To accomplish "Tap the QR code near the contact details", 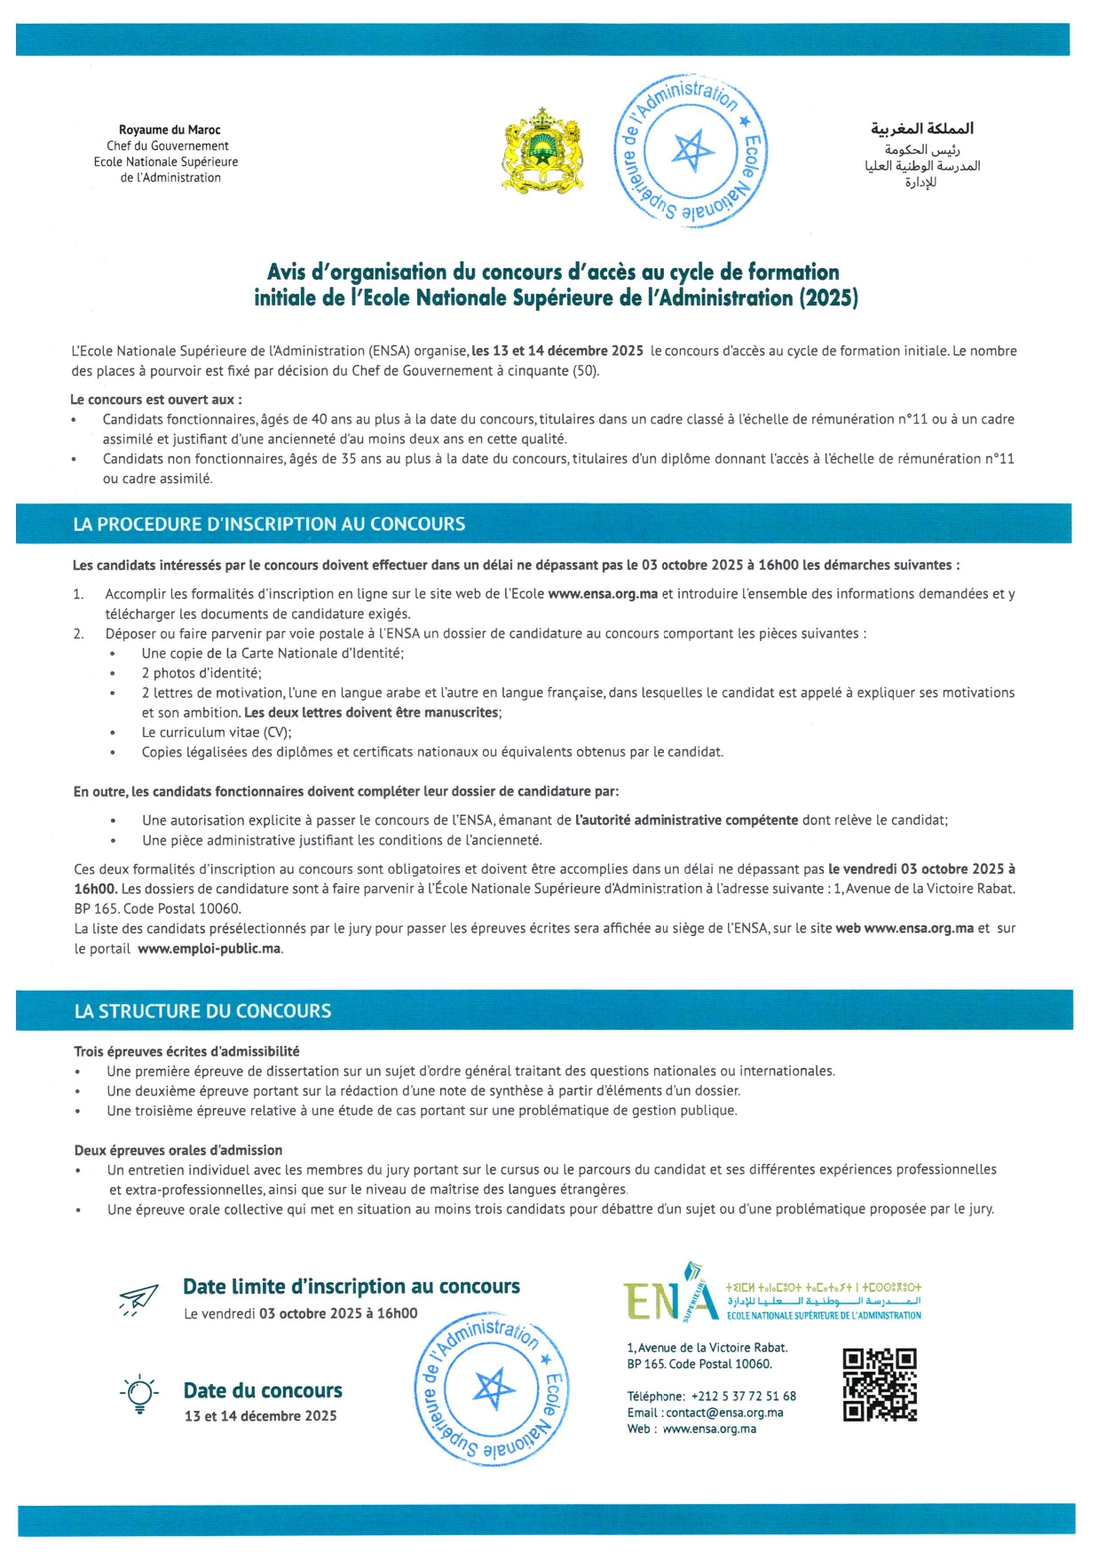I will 879,1385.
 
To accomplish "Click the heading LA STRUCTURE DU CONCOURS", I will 202,1010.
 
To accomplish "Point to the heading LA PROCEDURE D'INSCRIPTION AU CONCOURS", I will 269,524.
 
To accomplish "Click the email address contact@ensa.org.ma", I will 724,1413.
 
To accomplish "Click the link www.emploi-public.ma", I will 210,948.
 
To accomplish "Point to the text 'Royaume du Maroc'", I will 170,130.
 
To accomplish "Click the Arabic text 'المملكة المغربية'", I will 921,129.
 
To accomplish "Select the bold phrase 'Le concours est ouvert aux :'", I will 156,400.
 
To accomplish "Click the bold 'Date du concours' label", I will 263,1390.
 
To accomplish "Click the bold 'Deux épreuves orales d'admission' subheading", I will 178,1150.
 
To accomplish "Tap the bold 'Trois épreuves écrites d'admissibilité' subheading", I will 186,1051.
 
